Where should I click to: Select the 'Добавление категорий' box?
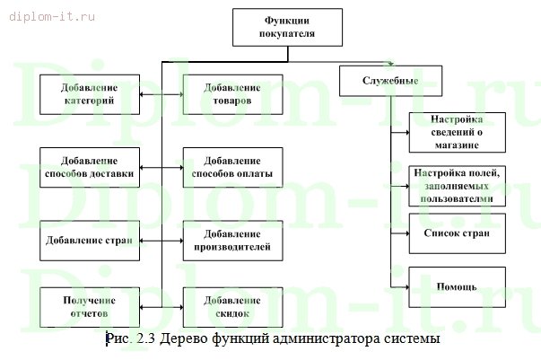click(88, 94)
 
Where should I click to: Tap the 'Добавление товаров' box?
click(231, 94)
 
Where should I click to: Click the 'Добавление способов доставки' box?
click(88, 167)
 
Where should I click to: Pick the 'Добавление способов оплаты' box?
click(231, 167)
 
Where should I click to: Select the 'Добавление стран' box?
click(88, 240)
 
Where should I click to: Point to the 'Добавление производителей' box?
click(231, 240)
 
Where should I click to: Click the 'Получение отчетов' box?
click(88, 307)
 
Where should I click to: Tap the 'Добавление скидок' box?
click(231, 307)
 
